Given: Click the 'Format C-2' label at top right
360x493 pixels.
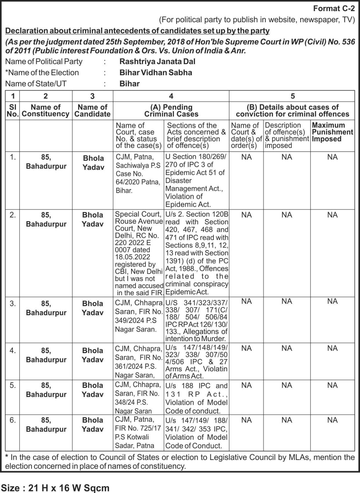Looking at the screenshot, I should (x=334, y=8).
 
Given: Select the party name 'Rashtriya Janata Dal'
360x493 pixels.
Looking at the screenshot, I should (x=157, y=61).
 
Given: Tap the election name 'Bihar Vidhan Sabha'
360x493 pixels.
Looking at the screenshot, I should (x=156, y=72).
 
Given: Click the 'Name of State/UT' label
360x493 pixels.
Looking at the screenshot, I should (x=36, y=84).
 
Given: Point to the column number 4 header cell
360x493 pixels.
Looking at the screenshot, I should (x=171, y=96).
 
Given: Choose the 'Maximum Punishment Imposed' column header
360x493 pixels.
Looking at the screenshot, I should (x=332, y=132).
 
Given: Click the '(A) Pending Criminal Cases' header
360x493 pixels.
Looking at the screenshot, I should (x=171, y=111).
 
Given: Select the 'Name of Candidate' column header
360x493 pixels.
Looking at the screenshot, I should (x=92, y=111).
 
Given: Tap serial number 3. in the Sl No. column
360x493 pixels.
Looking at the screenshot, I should (x=13, y=304).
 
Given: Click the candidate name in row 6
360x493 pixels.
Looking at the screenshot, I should (x=92, y=425).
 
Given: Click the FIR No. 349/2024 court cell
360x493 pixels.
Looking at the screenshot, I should (x=139, y=316).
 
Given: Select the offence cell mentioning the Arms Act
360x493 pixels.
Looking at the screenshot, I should (x=196, y=362).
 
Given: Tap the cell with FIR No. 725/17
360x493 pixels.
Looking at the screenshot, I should (x=138, y=433).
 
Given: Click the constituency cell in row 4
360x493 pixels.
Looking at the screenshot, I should (x=46, y=355).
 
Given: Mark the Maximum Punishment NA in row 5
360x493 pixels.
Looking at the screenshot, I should (x=332, y=385).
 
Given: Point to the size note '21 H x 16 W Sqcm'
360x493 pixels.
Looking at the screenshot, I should (x=68, y=488).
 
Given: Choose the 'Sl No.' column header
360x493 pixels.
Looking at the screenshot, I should (x=13, y=111).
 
